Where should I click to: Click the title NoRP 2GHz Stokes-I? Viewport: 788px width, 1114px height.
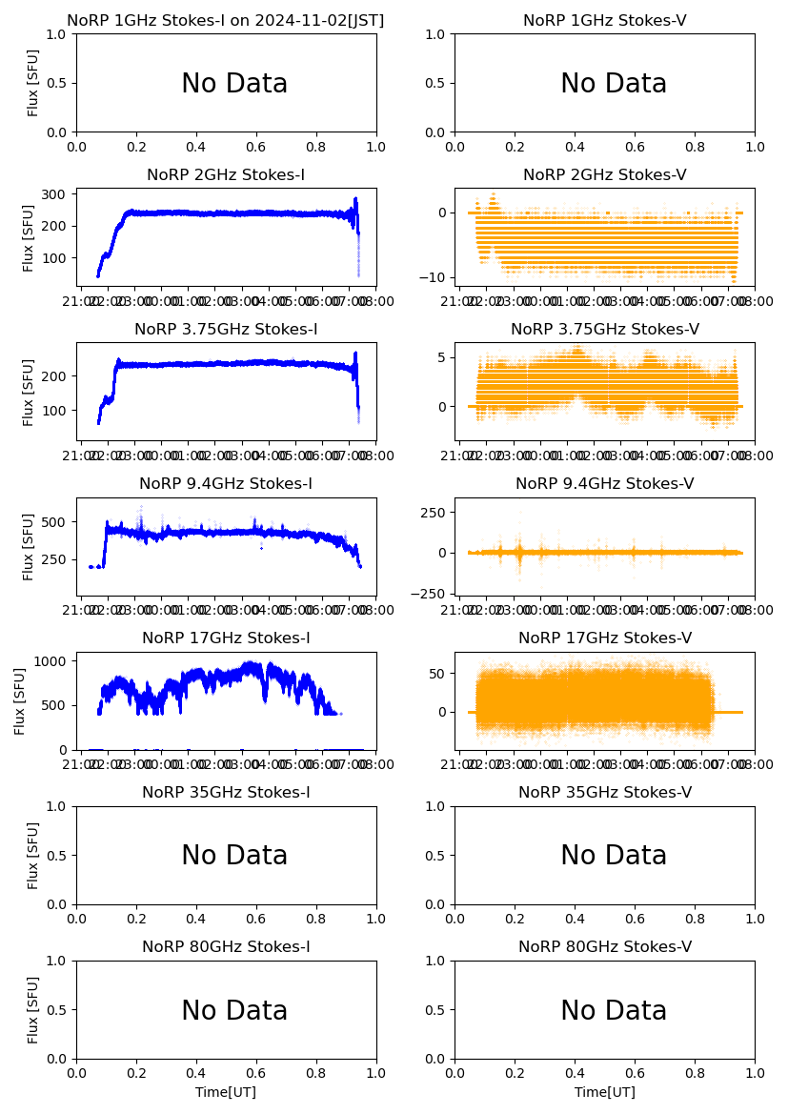pos(226,175)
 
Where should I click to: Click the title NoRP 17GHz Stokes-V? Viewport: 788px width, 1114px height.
pos(605,638)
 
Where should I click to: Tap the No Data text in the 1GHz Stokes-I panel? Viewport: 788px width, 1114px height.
pos(234,84)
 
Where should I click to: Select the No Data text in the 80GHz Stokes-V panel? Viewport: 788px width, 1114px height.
pos(614,1011)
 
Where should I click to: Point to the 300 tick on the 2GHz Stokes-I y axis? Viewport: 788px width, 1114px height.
pos(54,194)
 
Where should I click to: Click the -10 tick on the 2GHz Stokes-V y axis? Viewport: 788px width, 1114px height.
pos(434,277)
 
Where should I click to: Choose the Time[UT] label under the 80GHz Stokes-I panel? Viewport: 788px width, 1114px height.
pos(226,1092)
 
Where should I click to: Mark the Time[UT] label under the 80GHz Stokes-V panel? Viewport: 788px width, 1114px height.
pos(605,1092)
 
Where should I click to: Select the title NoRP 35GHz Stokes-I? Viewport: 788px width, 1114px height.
pos(226,793)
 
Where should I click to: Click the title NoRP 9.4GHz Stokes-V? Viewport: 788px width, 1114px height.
pos(605,484)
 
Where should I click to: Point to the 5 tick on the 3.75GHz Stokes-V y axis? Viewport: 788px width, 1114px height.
pos(442,357)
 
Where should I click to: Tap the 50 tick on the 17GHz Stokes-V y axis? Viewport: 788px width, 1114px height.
pos(437,674)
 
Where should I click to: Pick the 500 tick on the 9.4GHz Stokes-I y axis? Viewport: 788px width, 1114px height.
pos(54,522)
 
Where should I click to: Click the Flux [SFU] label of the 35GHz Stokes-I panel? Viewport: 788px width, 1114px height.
pos(33,855)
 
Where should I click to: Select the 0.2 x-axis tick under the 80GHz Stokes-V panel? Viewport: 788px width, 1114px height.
pos(515,1074)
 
